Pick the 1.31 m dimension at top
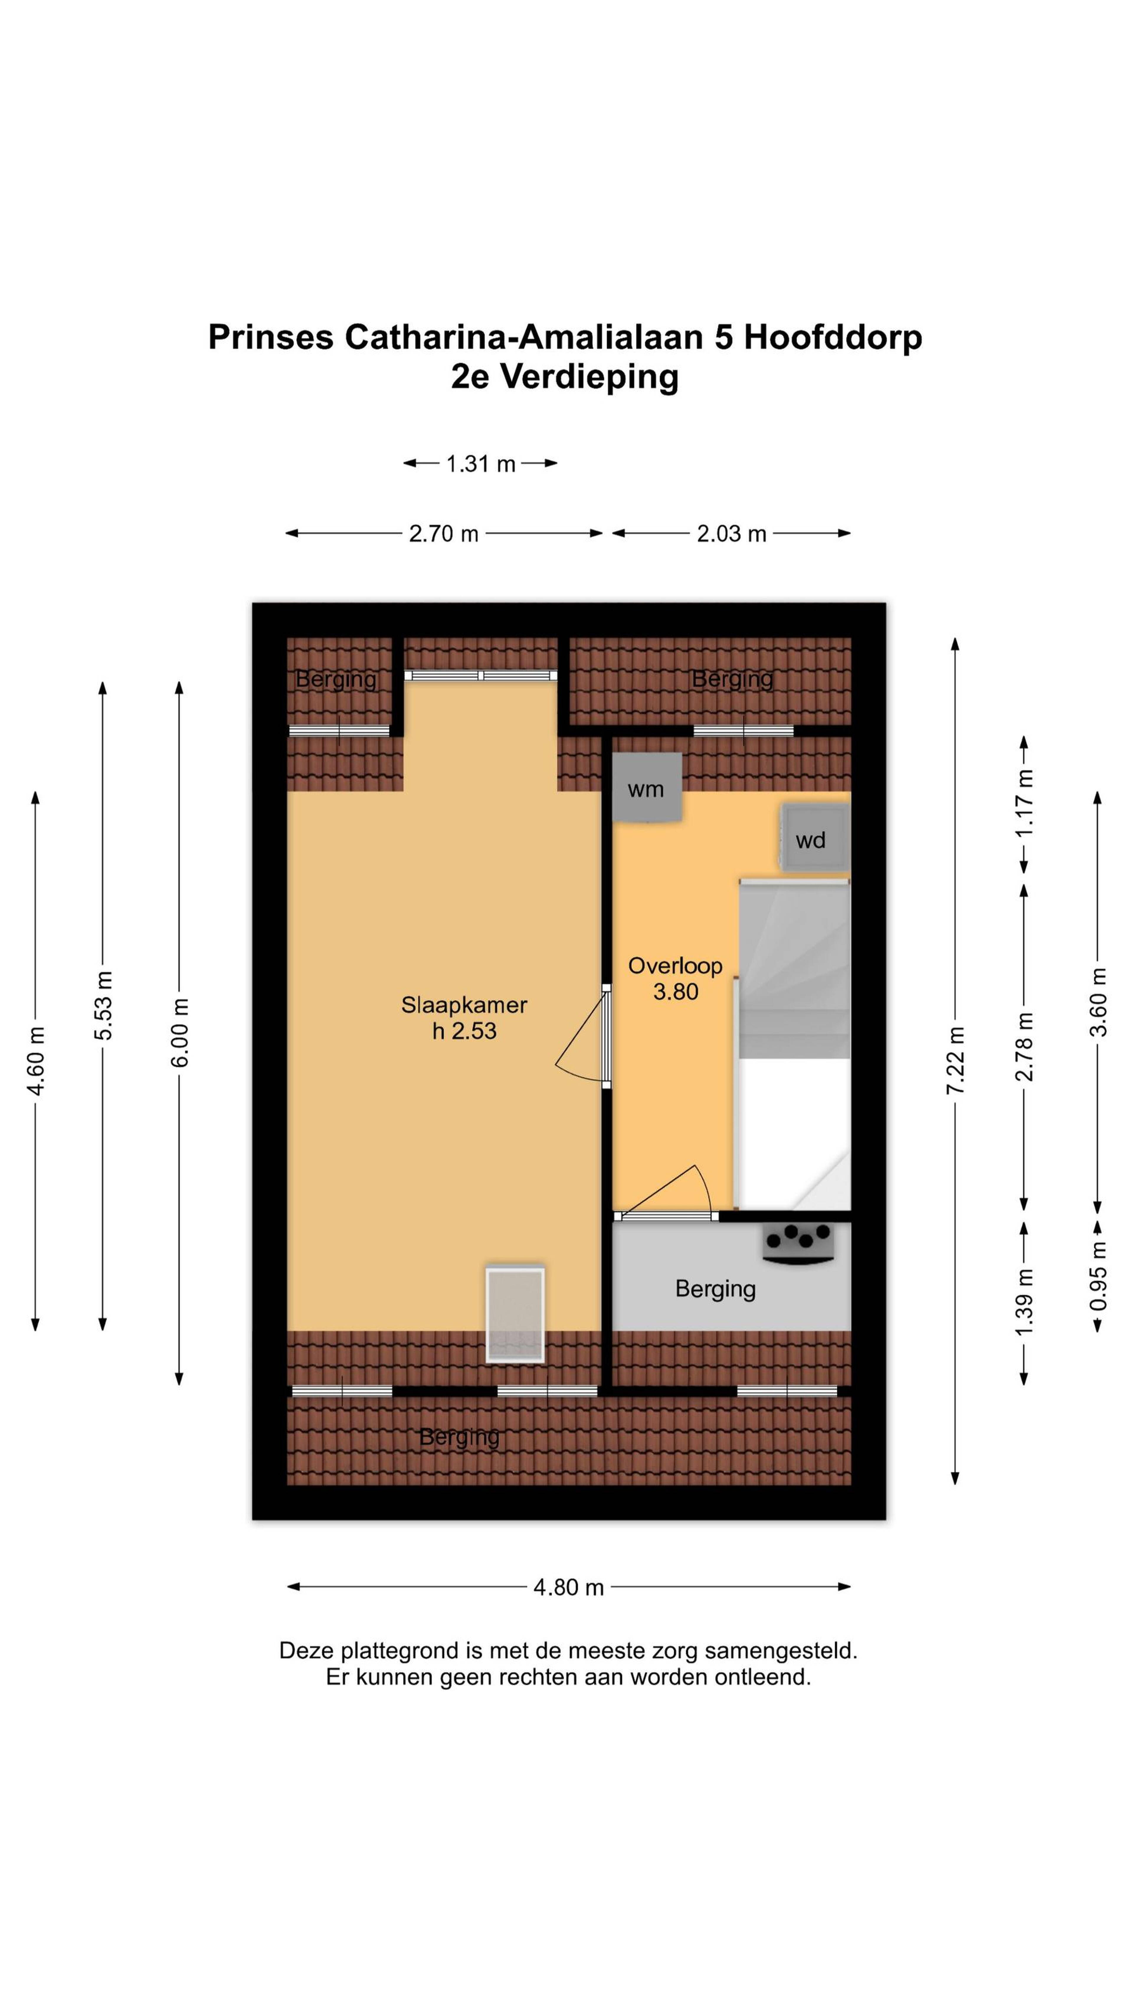coord(481,464)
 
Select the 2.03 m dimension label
coord(731,534)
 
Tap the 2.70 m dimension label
coord(444,534)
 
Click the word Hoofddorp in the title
coord(833,337)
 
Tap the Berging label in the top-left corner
coord(336,679)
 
